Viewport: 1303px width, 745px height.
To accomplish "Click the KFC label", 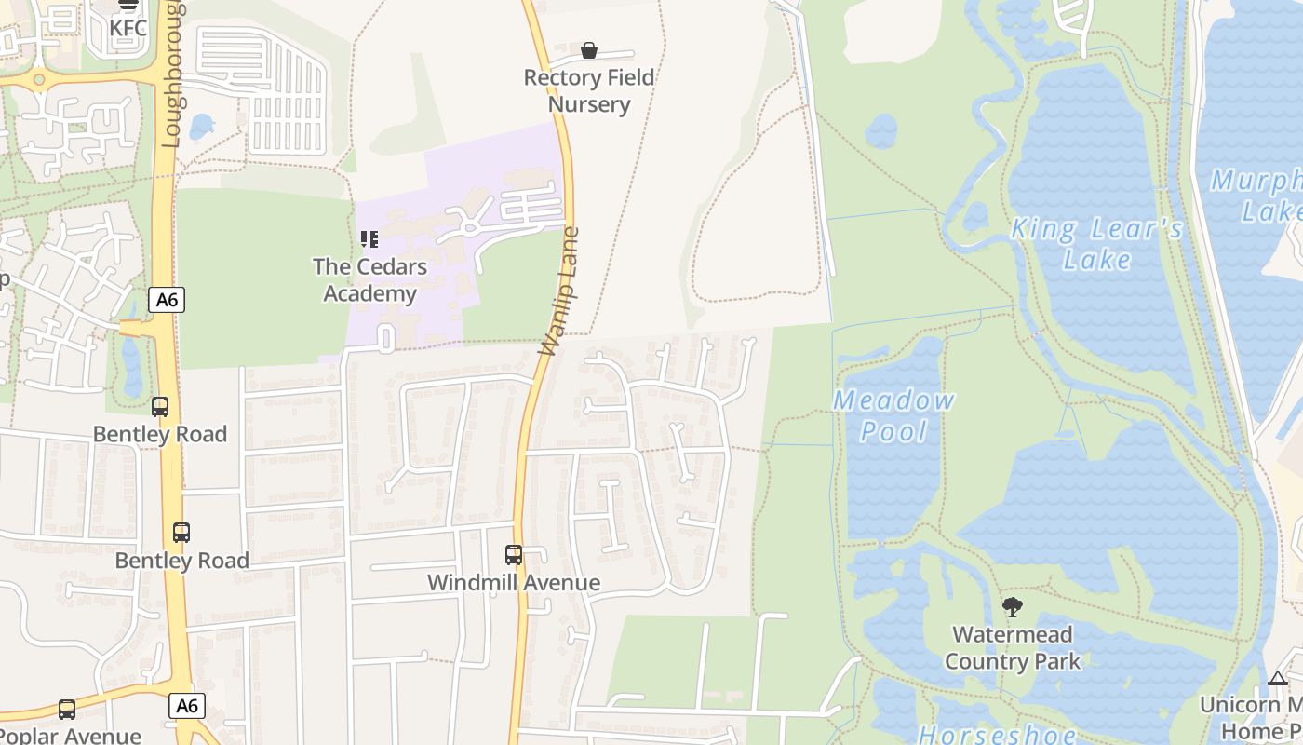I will point(128,28).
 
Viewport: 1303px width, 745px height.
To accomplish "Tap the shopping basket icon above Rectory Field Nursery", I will point(589,49).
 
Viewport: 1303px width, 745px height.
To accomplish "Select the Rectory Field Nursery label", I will point(589,90).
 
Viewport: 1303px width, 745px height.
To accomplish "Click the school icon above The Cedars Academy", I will point(369,239).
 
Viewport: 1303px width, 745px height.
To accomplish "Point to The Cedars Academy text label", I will point(369,280).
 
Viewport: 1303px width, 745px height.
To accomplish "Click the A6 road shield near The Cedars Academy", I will point(167,300).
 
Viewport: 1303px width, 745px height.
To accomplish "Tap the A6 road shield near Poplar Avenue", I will point(187,706).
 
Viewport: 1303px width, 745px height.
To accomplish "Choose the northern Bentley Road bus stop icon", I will point(160,407).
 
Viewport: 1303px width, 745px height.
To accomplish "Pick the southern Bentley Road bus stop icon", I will point(181,533).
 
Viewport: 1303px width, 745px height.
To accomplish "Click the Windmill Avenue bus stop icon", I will point(514,555).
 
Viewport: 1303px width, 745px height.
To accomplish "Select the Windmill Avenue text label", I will point(514,583).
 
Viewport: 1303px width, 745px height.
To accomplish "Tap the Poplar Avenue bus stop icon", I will point(67,710).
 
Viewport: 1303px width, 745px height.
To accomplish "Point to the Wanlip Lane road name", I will point(559,291).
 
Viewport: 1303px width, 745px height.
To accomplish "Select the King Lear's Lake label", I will point(1097,243).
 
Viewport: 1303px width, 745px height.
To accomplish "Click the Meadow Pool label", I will point(893,415).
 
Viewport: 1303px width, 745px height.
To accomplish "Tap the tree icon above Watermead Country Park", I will point(1013,608).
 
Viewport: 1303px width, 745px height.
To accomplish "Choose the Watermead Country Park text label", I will point(1013,648).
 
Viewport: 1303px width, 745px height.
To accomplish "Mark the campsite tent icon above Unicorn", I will point(1278,678).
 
